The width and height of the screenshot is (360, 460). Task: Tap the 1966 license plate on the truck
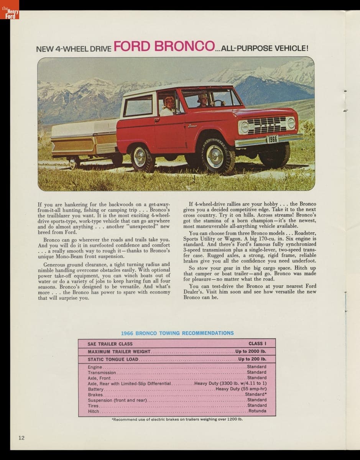click(x=272, y=139)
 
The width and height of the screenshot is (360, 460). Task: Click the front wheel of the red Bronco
click(x=215, y=155)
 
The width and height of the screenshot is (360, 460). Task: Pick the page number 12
click(x=21, y=438)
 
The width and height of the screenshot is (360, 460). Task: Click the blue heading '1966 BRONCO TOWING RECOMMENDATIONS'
click(x=177, y=333)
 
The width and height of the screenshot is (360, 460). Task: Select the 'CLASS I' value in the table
click(x=257, y=344)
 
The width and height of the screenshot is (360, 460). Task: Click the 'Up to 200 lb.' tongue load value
click(x=252, y=359)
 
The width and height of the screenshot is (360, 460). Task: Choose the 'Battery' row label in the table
click(x=95, y=389)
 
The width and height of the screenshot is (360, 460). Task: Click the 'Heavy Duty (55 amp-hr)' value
click(x=241, y=389)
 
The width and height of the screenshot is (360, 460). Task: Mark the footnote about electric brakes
click(x=177, y=419)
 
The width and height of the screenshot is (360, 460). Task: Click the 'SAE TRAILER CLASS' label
click(x=110, y=344)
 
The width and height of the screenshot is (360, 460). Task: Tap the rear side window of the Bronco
click(x=138, y=106)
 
